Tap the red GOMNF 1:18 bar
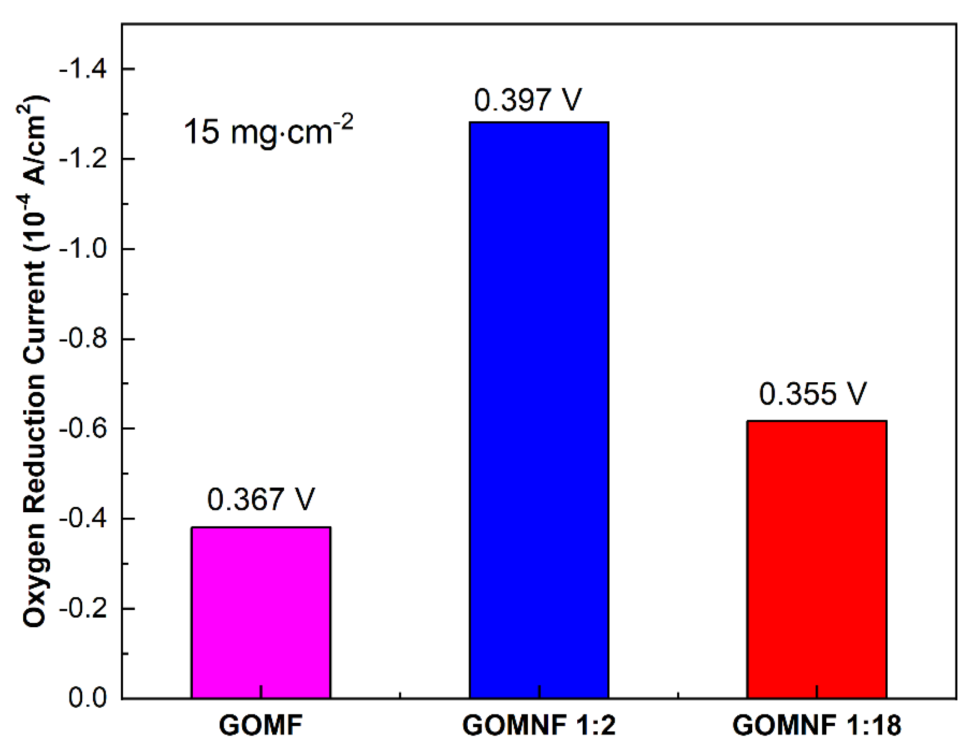point(816,559)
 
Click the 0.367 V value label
point(261,499)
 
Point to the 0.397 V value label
point(528,100)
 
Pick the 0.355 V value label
point(813,394)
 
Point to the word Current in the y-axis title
point(34,314)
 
